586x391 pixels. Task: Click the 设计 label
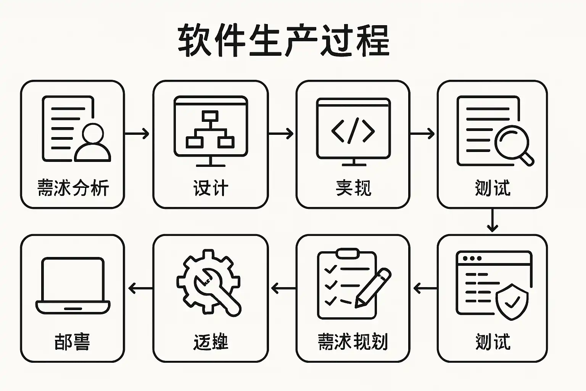211,188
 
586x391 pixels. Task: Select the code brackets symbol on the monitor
353,131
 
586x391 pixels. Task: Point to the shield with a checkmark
512,302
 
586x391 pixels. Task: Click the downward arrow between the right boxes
492,220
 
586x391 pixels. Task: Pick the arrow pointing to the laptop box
139,288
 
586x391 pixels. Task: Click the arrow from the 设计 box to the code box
282,134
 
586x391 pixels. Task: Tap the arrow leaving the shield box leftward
424,288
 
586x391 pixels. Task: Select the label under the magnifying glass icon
493,188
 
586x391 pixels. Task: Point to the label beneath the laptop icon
72,342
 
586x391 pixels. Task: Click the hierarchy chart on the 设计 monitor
210,129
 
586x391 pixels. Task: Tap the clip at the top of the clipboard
347,253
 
